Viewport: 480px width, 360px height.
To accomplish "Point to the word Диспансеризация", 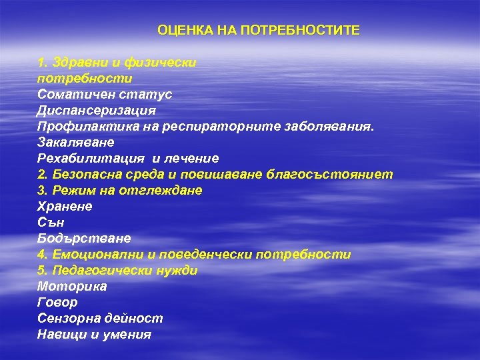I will [97, 111].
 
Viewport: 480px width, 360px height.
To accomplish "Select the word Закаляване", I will [76, 143].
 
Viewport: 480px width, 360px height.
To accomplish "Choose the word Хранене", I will [65, 207].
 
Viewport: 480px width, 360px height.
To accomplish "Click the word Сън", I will [51, 223].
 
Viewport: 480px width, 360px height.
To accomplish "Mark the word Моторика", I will [72, 287].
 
